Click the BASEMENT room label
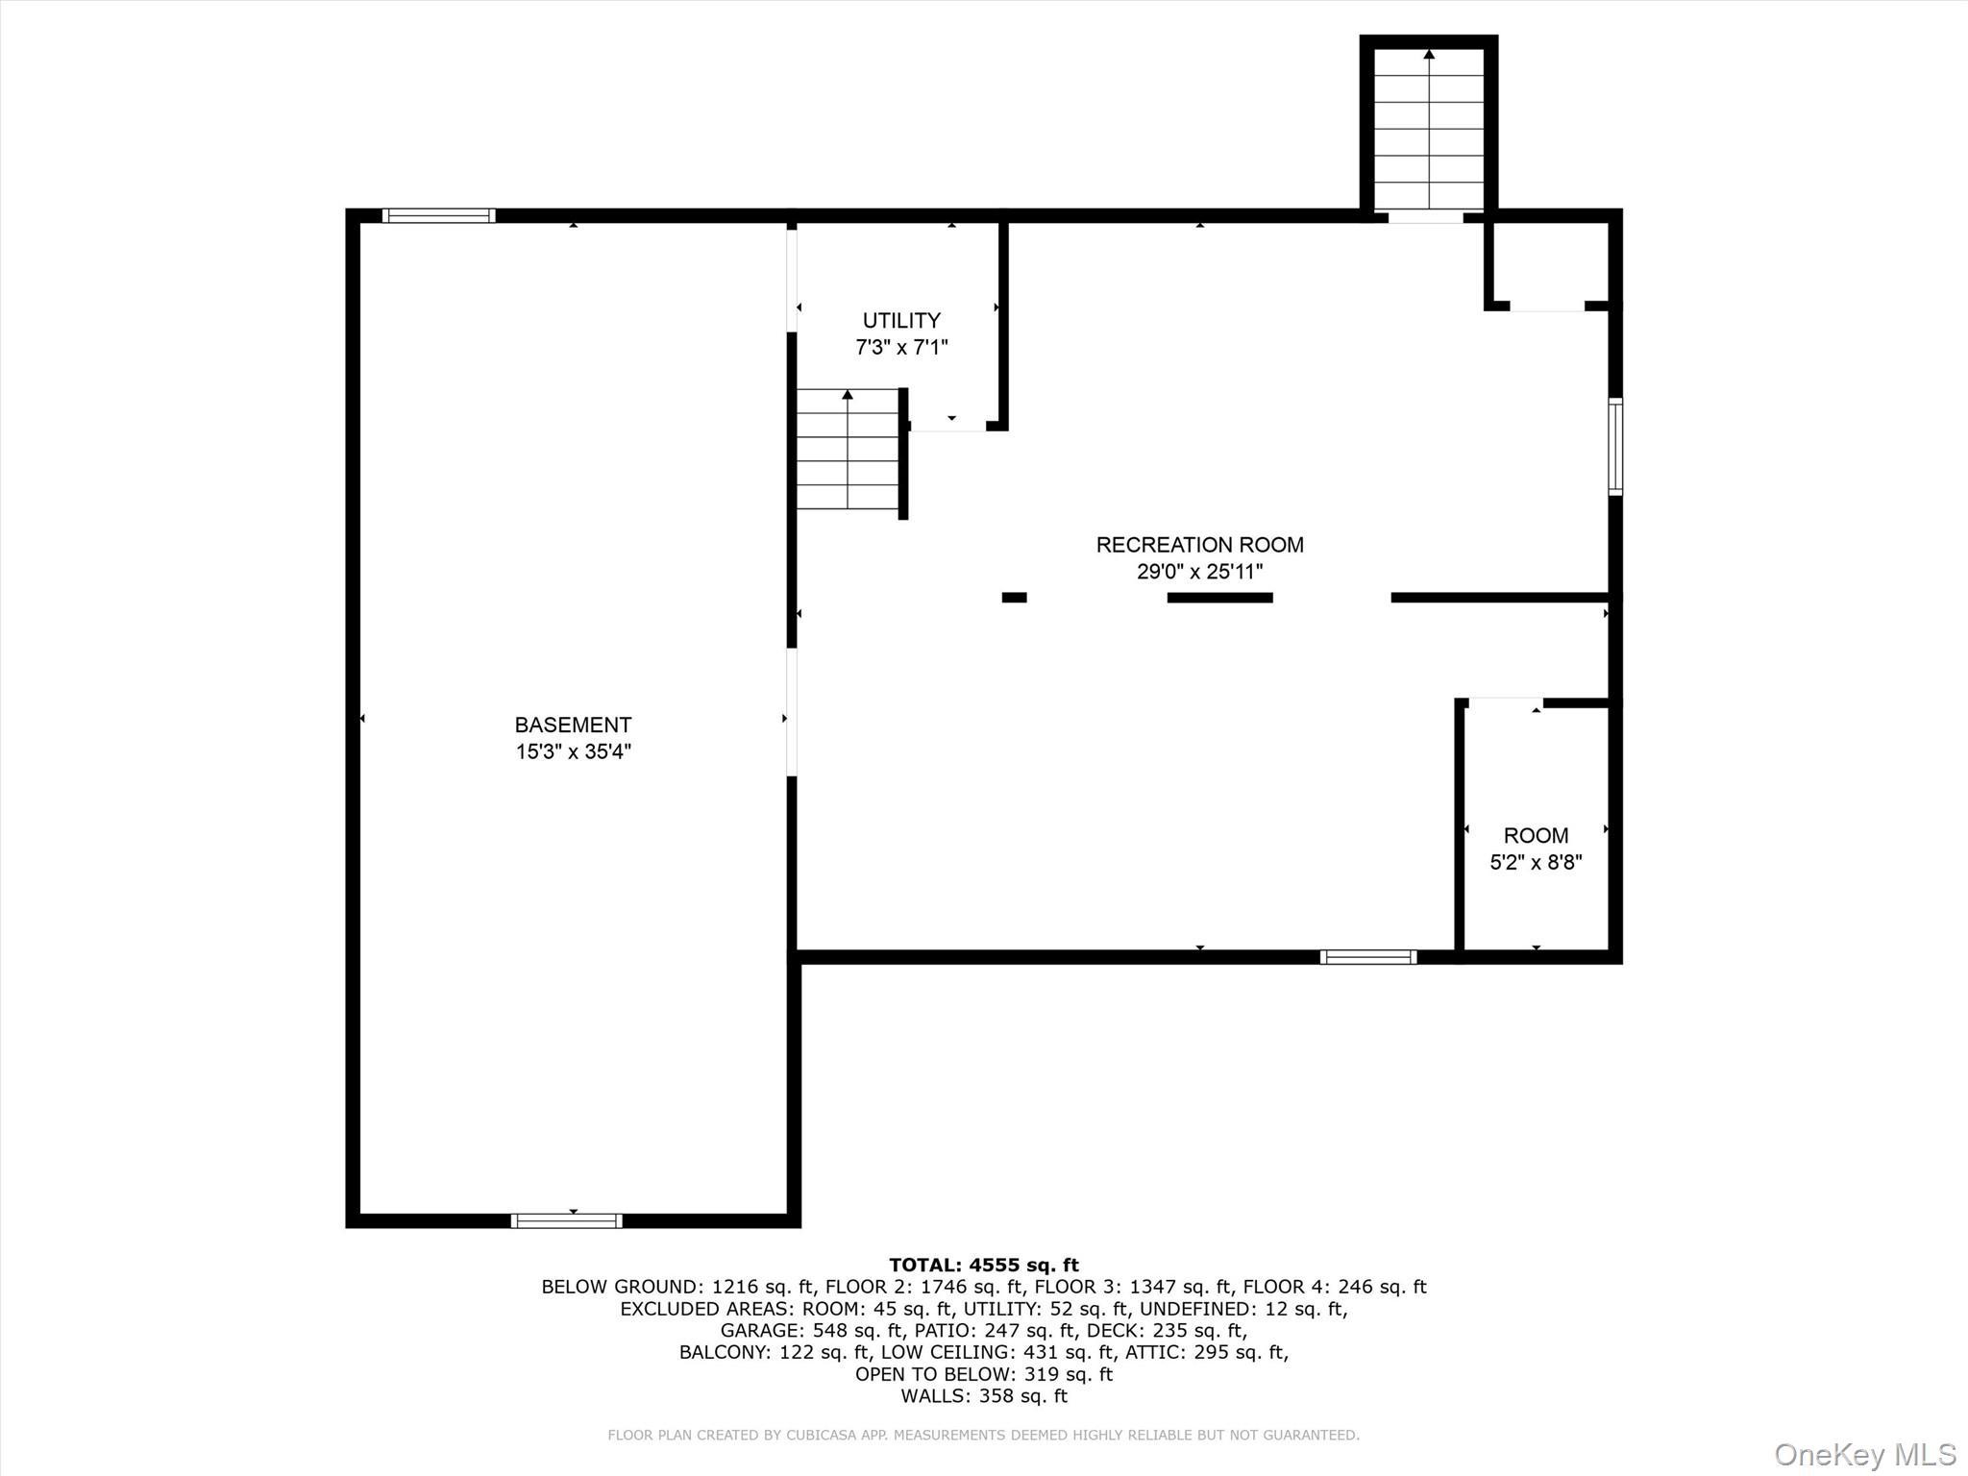point(573,725)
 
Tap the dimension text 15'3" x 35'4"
point(573,751)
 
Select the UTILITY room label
point(901,320)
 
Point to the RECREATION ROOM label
point(1199,545)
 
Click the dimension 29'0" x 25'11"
point(1199,572)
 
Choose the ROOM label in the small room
point(1536,835)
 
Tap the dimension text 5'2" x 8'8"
point(1536,862)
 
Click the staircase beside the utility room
point(848,450)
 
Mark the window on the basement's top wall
point(439,215)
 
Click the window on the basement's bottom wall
point(567,1220)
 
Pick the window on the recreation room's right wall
point(1615,447)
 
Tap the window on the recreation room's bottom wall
point(1367,956)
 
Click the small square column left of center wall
point(1014,598)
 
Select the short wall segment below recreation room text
point(1219,598)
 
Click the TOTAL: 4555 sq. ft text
point(983,1265)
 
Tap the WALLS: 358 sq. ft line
point(983,1395)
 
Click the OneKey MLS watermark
point(1864,1454)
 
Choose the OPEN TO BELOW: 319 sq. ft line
point(983,1374)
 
